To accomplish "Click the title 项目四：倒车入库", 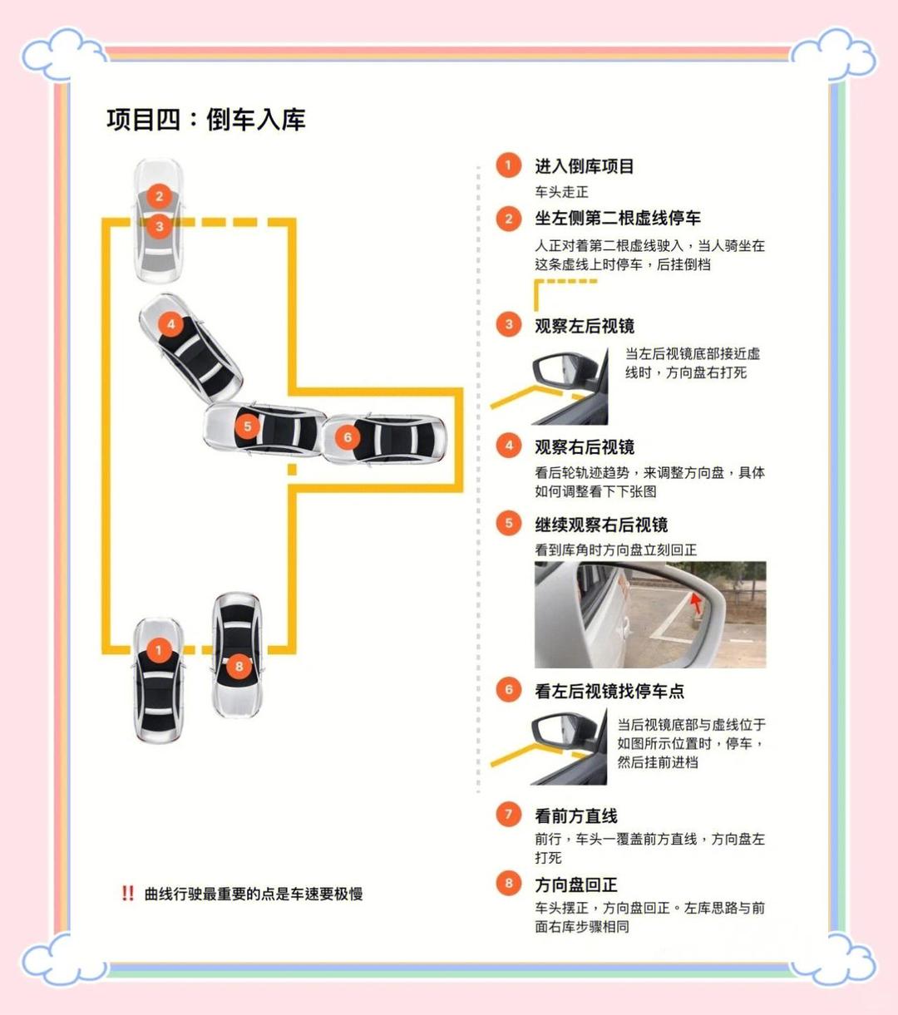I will click(206, 120).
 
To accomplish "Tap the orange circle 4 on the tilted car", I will click(170, 324).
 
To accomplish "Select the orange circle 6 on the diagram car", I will click(348, 437).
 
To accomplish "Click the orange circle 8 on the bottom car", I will click(239, 666).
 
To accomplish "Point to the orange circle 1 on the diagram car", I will click(159, 650).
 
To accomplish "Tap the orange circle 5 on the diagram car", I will click(247, 426).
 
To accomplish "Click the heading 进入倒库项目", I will click(584, 166).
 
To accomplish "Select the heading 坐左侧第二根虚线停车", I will click(617, 219).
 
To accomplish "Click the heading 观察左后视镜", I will click(584, 326).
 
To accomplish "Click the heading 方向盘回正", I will click(575, 884).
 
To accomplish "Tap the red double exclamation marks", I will click(127, 894).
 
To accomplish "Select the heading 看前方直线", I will click(575, 816).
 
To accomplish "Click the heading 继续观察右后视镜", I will click(600, 525).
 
